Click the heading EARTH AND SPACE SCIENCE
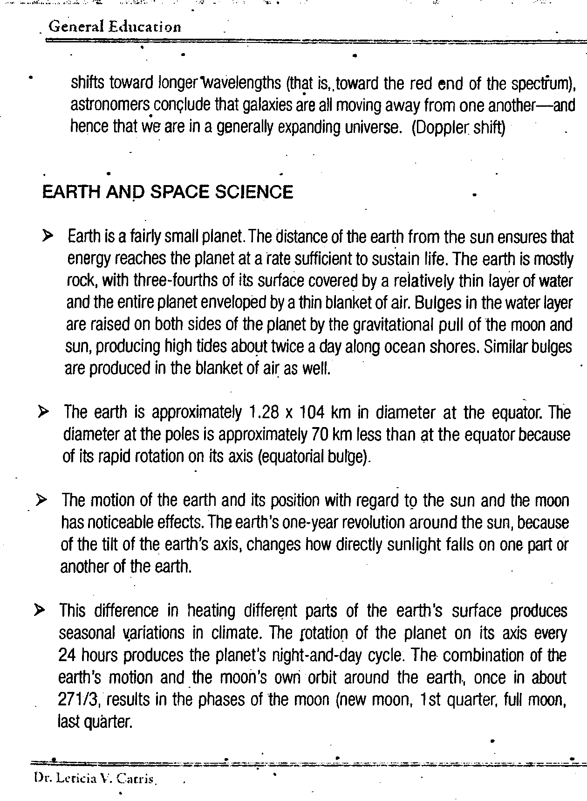click(168, 192)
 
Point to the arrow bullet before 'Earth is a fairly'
click(48, 236)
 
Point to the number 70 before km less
click(315, 435)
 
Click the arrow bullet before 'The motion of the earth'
click(42, 500)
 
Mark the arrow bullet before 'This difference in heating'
click(41, 610)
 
